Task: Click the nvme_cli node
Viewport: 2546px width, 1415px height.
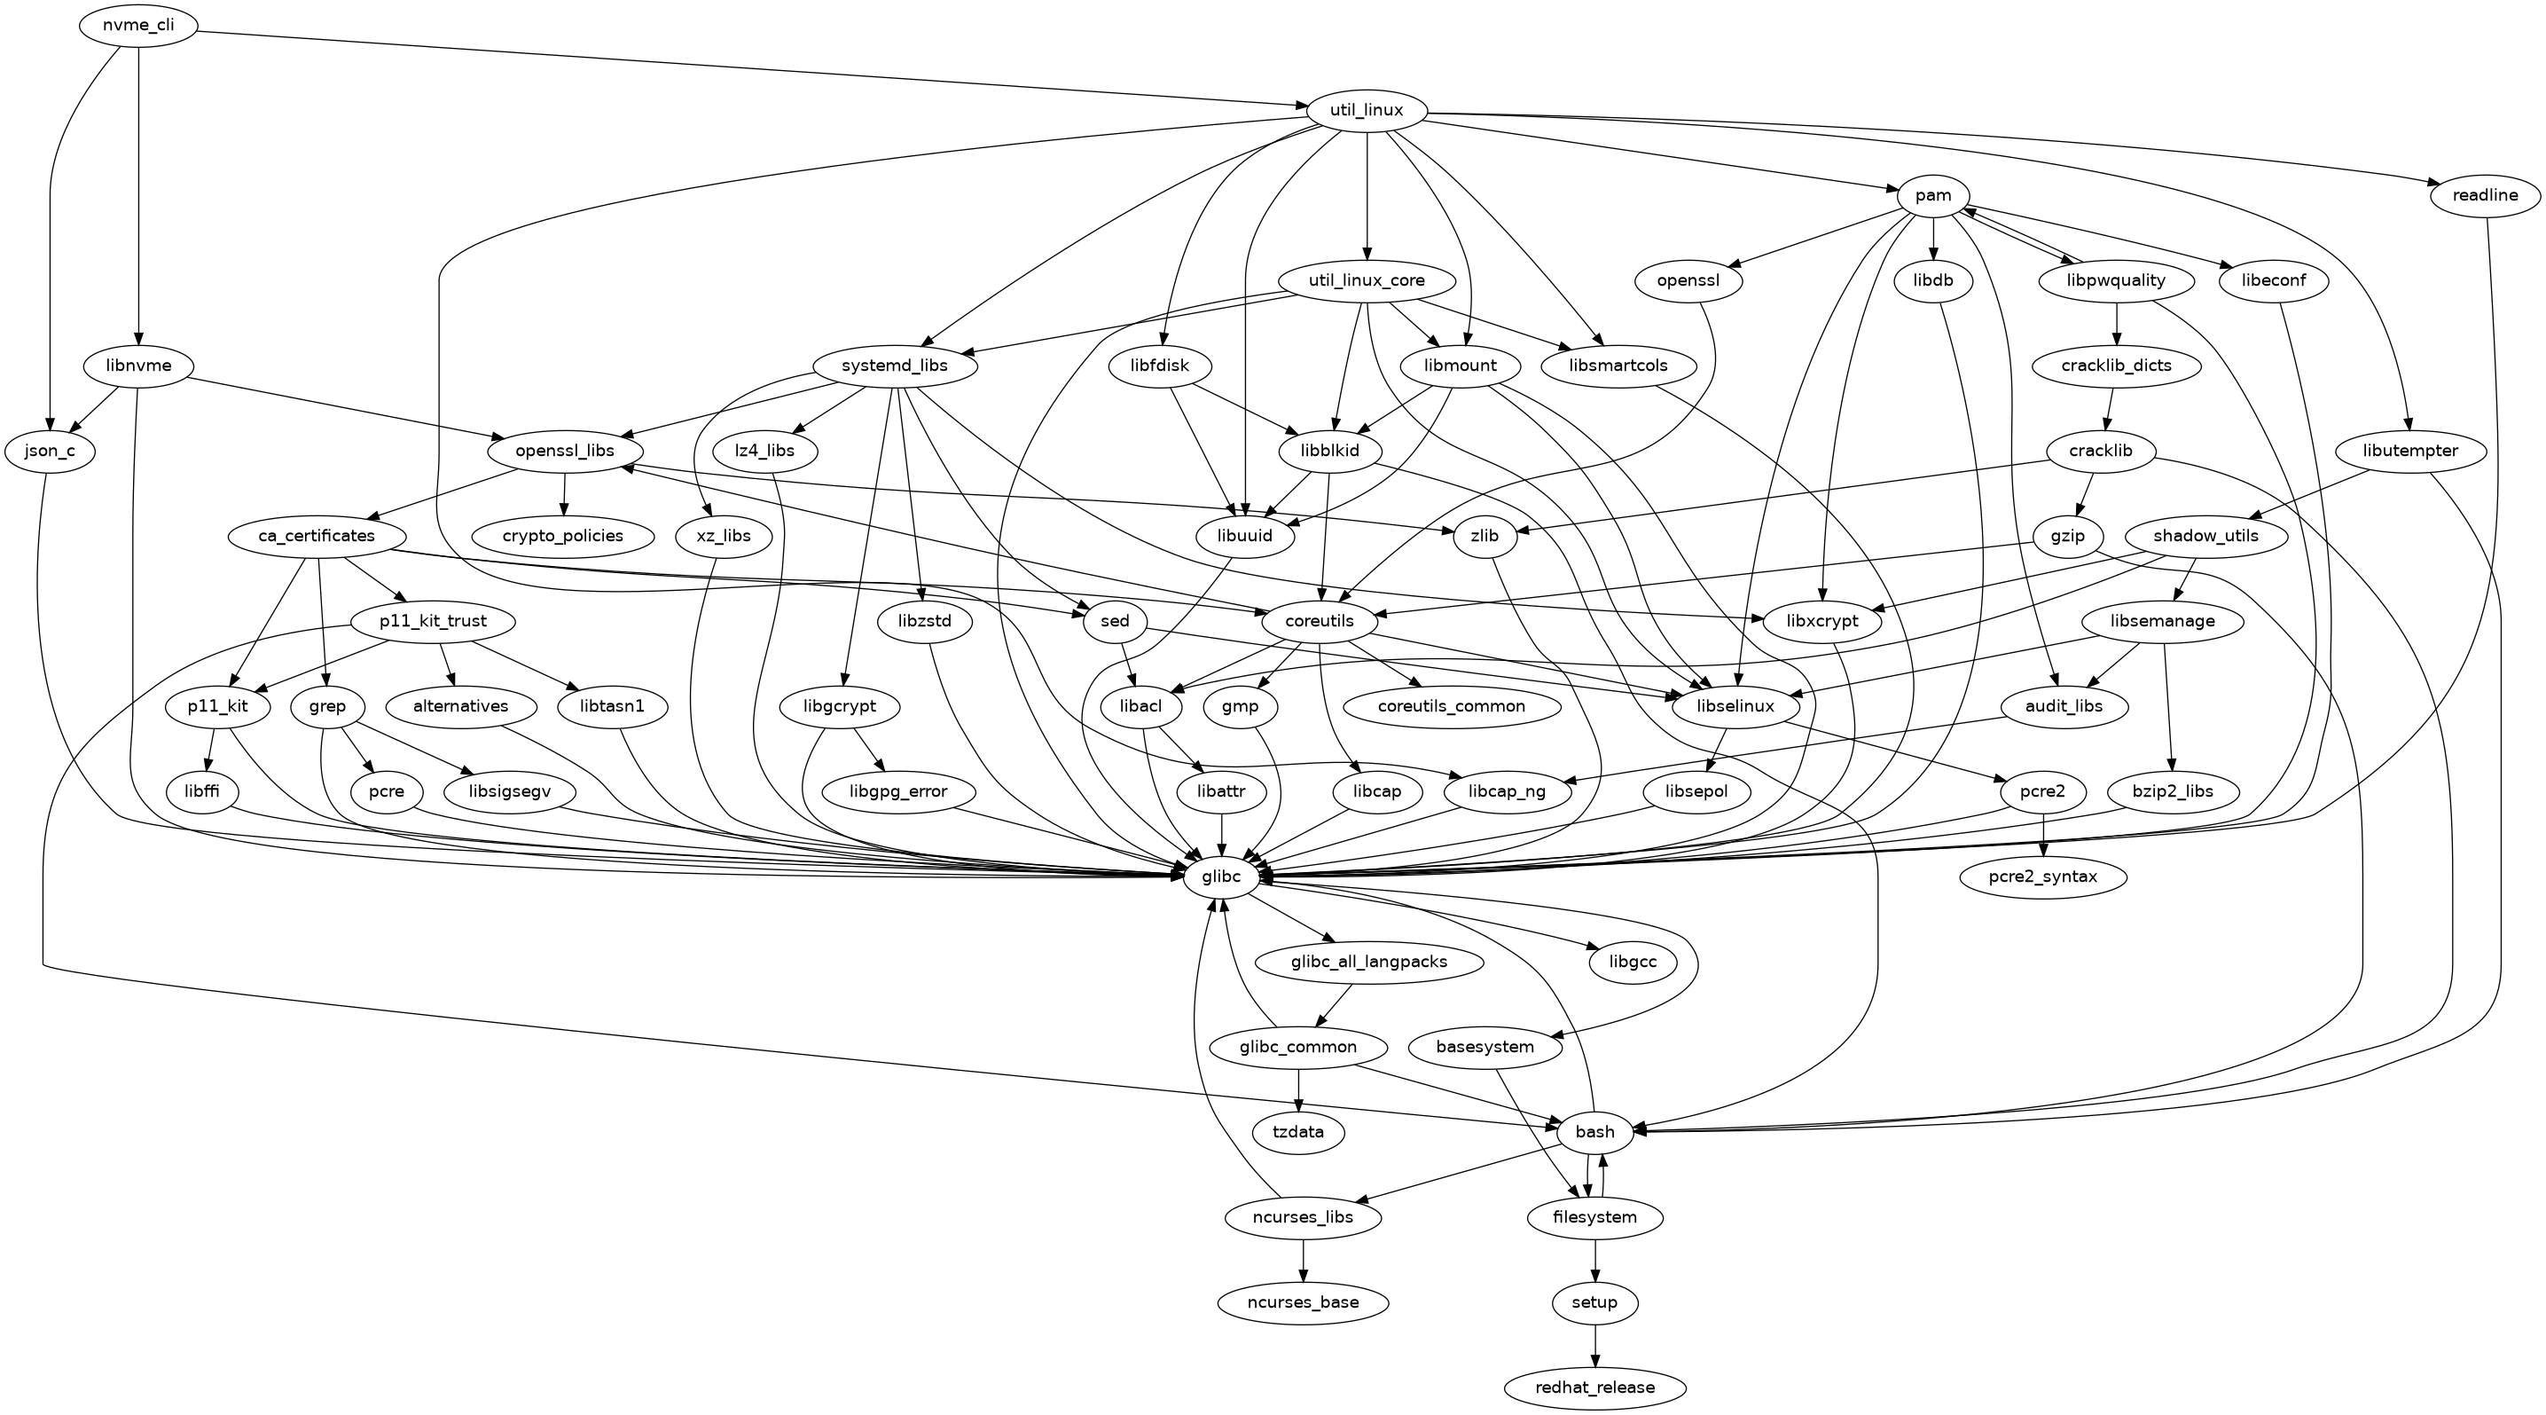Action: pos(138,26)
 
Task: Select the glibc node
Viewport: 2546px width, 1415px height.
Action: pos(1220,877)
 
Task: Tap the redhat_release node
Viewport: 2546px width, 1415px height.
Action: pos(1595,1387)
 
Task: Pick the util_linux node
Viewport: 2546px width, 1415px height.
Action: pos(1367,111)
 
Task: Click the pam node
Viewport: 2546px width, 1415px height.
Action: pos(1933,196)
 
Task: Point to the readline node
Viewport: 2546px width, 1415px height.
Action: pos(2485,196)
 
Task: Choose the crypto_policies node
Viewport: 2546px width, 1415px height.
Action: pos(563,536)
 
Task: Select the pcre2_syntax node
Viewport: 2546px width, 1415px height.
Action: pos(2043,877)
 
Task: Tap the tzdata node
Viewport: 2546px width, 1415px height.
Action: pos(1297,1132)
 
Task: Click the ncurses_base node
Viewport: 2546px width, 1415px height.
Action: pos(1304,1302)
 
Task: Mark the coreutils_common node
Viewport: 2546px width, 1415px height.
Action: pos(1452,706)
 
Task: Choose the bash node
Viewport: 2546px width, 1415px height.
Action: pos(1594,1132)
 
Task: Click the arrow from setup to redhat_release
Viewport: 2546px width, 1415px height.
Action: pos(1595,1345)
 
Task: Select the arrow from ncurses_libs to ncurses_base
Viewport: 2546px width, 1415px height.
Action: pos(1304,1260)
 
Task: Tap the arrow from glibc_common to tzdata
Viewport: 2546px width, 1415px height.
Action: pos(1297,1089)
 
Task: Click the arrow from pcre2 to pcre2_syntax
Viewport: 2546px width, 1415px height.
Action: pos(2043,835)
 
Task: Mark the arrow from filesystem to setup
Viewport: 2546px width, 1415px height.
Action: pos(1595,1260)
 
